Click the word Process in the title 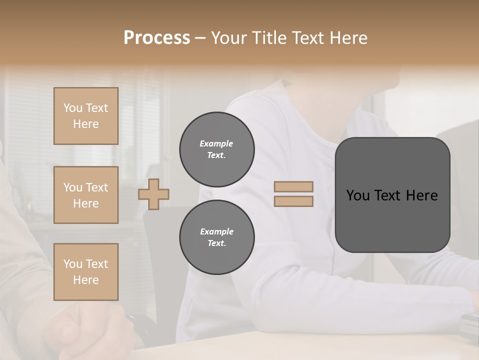click(x=157, y=38)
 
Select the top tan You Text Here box click(x=86, y=116)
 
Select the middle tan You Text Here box click(x=86, y=195)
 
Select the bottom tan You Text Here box click(x=86, y=272)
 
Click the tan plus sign click(x=154, y=194)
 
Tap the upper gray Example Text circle click(x=217, y=149)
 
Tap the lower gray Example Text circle click(x=217, y=237)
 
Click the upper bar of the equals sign click(x=293, y=186)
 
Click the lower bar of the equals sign click(x=293, y=201)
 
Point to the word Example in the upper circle click(x=217, y=143)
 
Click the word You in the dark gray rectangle click(x=358, y=195)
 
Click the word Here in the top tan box click(x=86, y=124)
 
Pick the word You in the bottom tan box click(x=73, y=264)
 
